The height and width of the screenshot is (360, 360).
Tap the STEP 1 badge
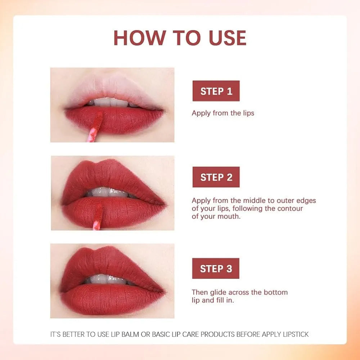(216, 91)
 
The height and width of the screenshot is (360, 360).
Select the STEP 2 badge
(216, 177)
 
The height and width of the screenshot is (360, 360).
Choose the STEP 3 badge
(216, 269)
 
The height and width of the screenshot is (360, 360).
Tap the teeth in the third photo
(108, 279)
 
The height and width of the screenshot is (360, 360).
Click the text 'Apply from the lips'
(223, 113)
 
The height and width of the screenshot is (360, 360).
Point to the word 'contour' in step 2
(291, 208)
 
